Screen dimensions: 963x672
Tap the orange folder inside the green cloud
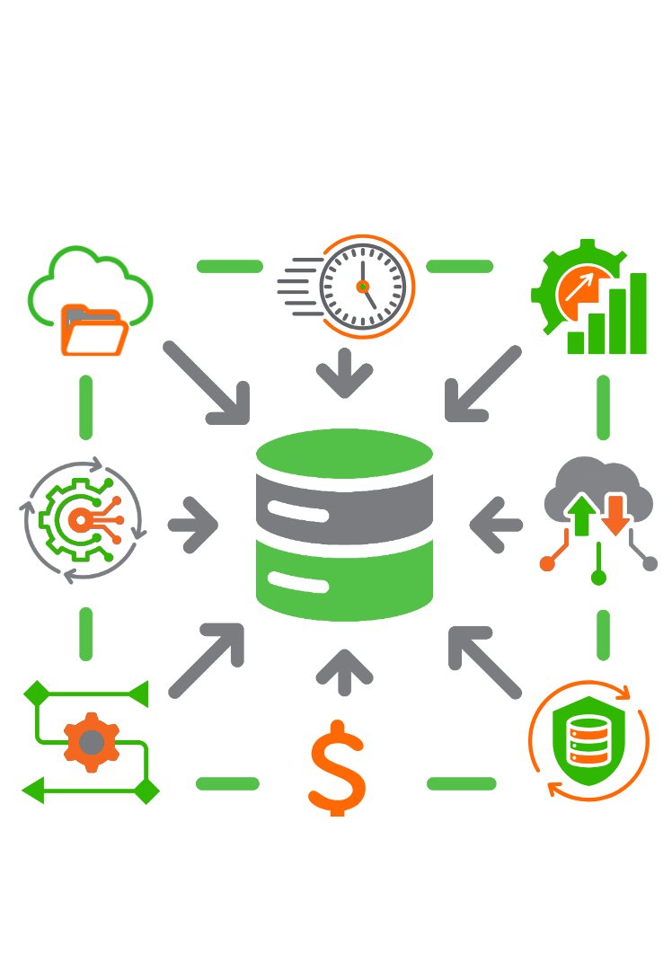click(x=93, y=330)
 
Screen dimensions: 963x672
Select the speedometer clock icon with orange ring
click(x=363, y=287)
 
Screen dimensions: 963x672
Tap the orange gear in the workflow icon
click(x=91, y=741)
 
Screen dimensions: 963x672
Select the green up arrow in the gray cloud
click(x=582, y=516)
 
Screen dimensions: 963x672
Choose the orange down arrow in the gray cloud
click(x=615, y=514)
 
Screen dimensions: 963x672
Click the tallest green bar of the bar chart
click(x=638, y=314)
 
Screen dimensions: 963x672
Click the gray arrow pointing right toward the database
click(x=192, y=523)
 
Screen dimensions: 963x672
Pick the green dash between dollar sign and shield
click(x=461, y=784)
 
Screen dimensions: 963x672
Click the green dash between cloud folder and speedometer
click(x=229, y=266)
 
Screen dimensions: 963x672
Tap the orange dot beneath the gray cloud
click(x=546, y=564)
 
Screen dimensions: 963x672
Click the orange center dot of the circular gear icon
click(x=79, y=519)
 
